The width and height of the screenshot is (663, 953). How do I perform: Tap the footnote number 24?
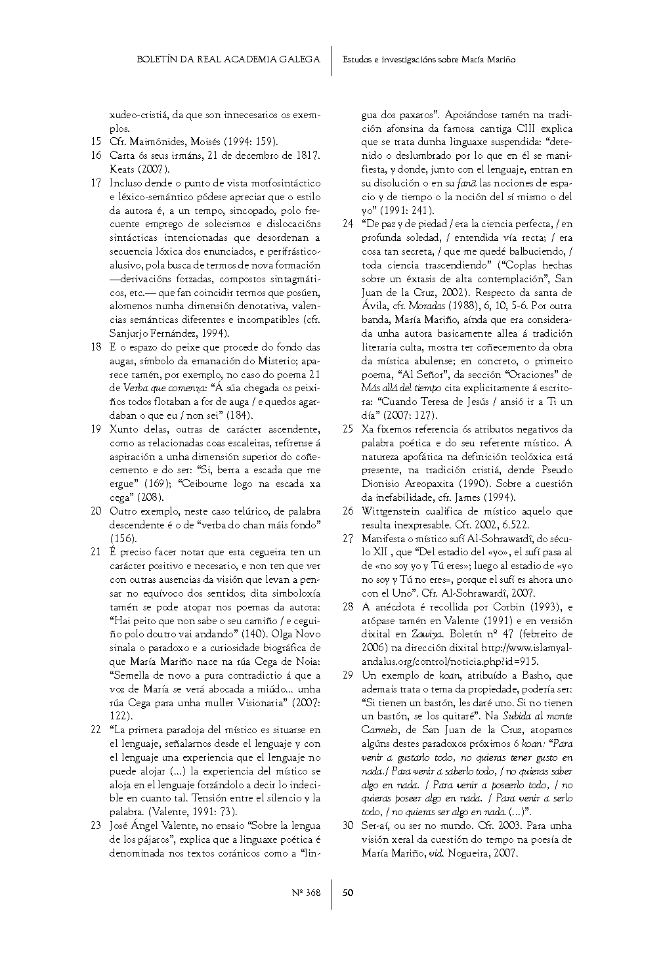[x=348, y=224]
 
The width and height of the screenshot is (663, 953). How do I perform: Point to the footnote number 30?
[x=348, y=826]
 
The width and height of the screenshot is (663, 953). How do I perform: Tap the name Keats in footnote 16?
[x=122, y=169]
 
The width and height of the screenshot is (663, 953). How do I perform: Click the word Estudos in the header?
[x=357, y=59]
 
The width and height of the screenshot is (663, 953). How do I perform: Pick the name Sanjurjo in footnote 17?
[x=130, y=333]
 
